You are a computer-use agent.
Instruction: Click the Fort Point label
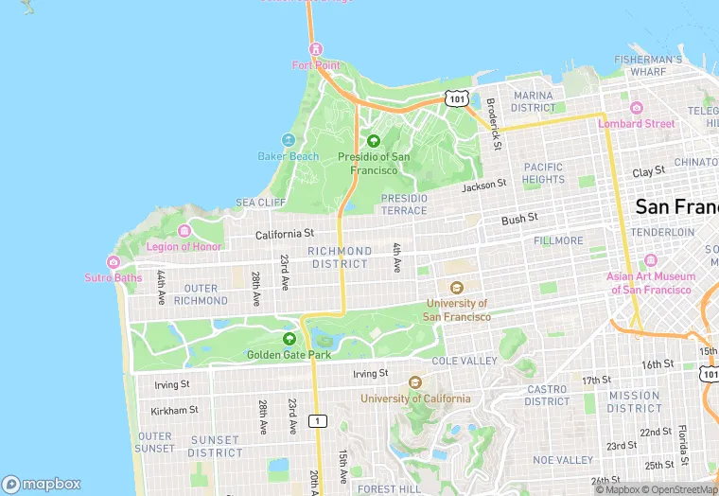315,65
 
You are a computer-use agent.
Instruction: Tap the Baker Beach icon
289,140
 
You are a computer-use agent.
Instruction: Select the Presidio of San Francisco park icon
373,141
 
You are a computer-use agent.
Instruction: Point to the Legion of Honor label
184,246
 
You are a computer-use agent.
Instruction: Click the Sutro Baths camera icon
114,262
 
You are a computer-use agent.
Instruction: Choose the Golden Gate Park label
289,355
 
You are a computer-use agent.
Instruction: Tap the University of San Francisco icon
457,288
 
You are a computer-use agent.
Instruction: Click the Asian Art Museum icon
650,260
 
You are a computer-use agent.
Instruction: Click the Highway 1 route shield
320,420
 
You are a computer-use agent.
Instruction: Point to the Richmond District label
340,257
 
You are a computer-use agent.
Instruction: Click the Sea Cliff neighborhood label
260,203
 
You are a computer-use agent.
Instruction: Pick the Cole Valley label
464,361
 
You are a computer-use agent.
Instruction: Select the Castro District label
547,396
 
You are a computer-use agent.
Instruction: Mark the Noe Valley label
562,460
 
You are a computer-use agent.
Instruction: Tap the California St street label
284,233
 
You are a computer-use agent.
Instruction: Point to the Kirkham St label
174,410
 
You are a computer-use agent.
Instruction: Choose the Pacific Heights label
543,173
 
